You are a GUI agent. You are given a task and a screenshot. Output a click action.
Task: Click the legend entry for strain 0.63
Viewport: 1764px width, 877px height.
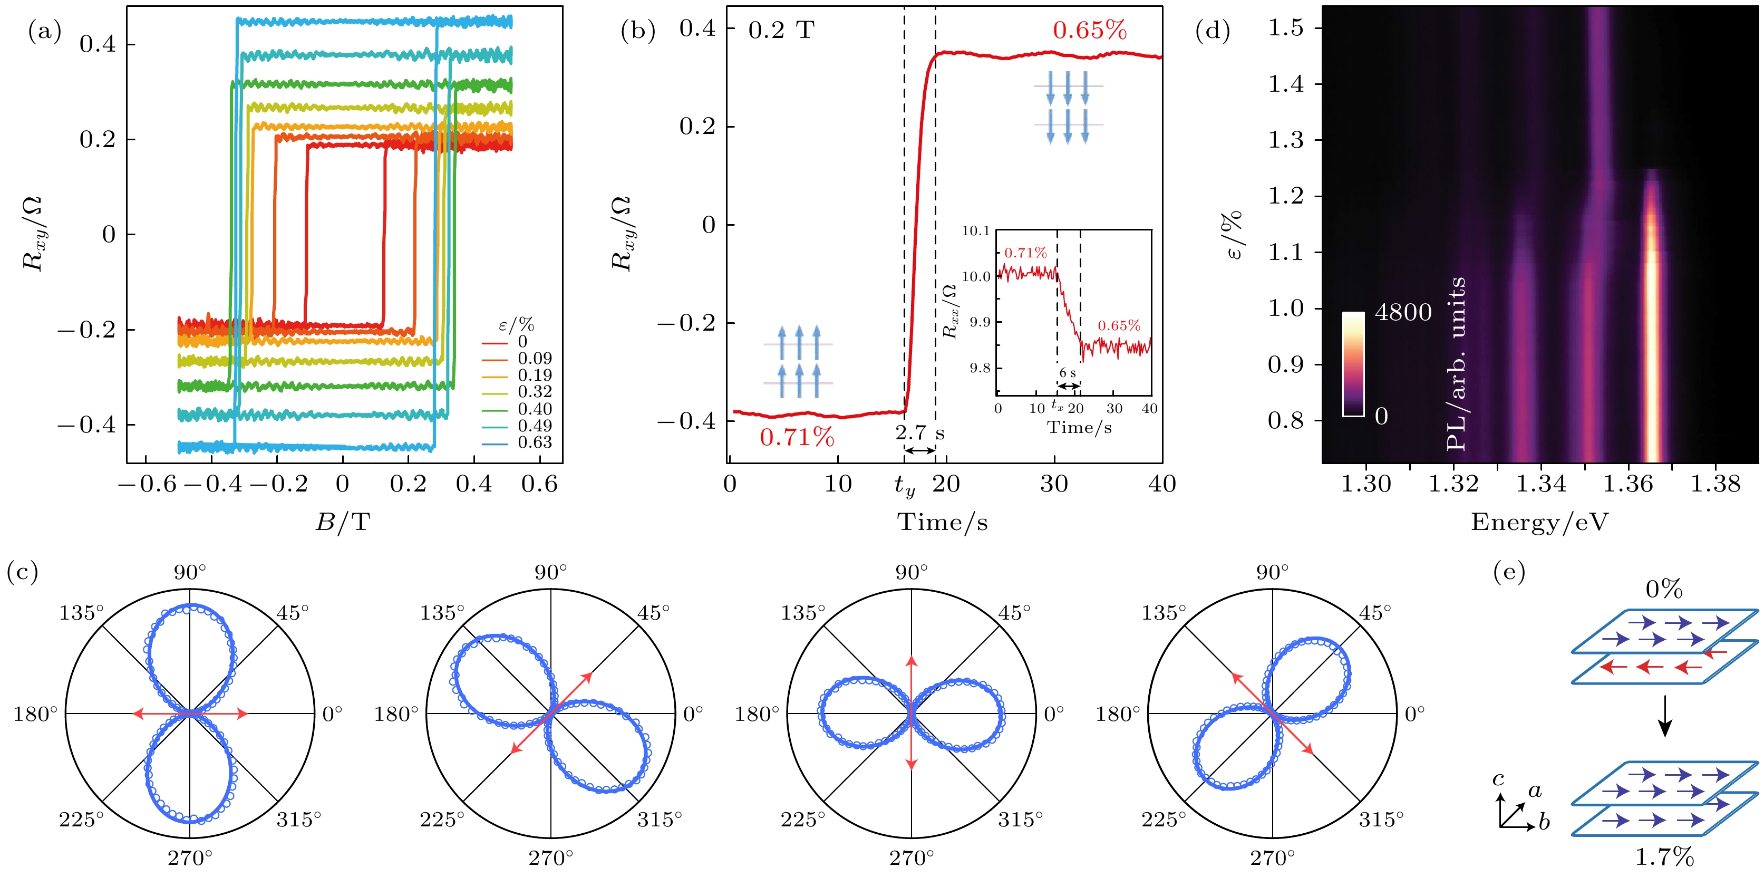(534, 442)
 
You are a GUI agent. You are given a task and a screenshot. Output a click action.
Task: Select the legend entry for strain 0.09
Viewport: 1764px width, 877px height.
(534, 358)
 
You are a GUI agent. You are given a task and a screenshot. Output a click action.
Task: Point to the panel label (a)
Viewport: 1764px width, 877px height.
(44, 31)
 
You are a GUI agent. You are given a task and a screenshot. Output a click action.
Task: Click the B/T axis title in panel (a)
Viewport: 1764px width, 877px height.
(342, 523)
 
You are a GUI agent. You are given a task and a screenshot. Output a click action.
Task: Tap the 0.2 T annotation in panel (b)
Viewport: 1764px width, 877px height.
(781, 31)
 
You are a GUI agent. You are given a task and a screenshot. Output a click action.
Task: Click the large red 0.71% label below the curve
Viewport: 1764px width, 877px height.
(797, 437)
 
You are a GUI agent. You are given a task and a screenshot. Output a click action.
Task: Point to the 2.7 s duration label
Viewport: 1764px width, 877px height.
(919, 433)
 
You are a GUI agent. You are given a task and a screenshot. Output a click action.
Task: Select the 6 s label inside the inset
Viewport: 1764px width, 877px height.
(1068, 373)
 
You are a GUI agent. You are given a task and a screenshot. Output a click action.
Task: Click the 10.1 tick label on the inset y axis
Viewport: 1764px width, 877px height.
(976, 231)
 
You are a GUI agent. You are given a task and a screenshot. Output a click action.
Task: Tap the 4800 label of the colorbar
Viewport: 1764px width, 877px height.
(1403, 312)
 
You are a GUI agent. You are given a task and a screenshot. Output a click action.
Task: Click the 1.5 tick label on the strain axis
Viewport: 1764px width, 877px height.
(1285, 28)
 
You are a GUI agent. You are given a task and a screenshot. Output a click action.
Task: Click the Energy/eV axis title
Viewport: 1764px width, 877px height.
(1539, 523)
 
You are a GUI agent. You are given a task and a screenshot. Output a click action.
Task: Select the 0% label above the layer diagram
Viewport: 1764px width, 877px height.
(1664, 589)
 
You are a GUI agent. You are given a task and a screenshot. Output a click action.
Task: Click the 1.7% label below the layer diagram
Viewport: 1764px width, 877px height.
(1664, 856)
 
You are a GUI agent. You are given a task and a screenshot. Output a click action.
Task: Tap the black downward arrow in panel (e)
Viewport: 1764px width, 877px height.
(1665, 716)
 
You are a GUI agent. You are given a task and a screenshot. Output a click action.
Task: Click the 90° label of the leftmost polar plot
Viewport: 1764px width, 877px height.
(190, 572)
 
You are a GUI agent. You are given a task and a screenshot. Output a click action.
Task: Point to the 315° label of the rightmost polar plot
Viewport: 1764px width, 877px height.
(1381, 820)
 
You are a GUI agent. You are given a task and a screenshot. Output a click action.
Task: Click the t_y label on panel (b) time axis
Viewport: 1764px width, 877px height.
(905, 486)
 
